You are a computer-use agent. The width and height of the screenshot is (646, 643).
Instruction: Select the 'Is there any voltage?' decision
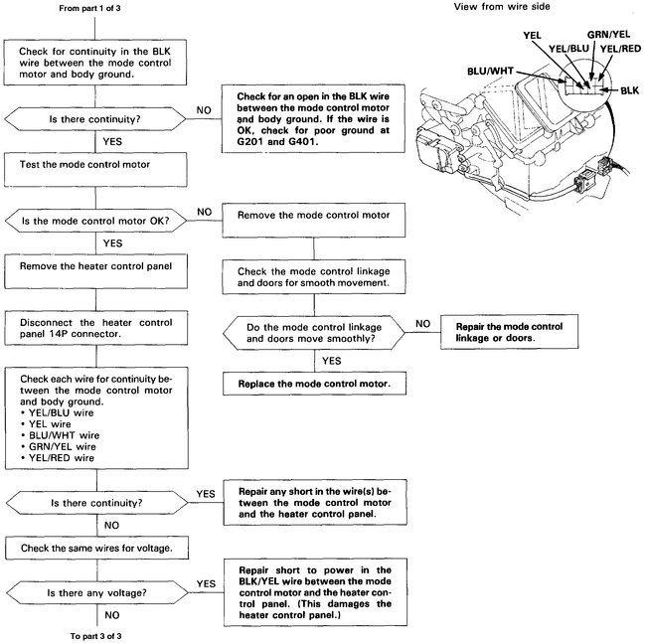point(95,594)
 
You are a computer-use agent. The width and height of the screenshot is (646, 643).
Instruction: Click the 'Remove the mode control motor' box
point(313,216)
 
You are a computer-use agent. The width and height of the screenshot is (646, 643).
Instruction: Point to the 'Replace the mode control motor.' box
point(313,383)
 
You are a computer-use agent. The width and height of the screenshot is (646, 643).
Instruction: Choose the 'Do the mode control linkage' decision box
point(313,332)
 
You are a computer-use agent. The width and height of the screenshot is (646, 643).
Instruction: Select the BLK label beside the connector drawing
point(628,90)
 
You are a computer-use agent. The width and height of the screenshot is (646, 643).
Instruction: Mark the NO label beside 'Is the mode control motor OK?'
point(205,212)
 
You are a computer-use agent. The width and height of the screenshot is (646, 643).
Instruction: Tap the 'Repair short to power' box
point(313,594)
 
